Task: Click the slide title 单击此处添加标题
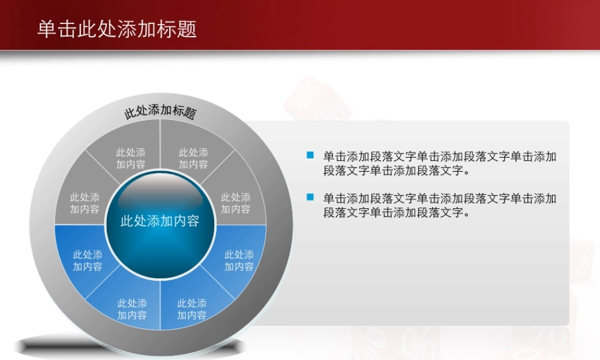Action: click(x=117, y=29)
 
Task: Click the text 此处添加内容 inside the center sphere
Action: click(x=160, y=221)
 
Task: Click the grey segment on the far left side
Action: click(x=85, y=203)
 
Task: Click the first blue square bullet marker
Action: click(x=310, y=155)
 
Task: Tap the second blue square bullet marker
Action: click(x=310, y=196)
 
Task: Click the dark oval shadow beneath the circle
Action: click(x=129, y=346)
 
